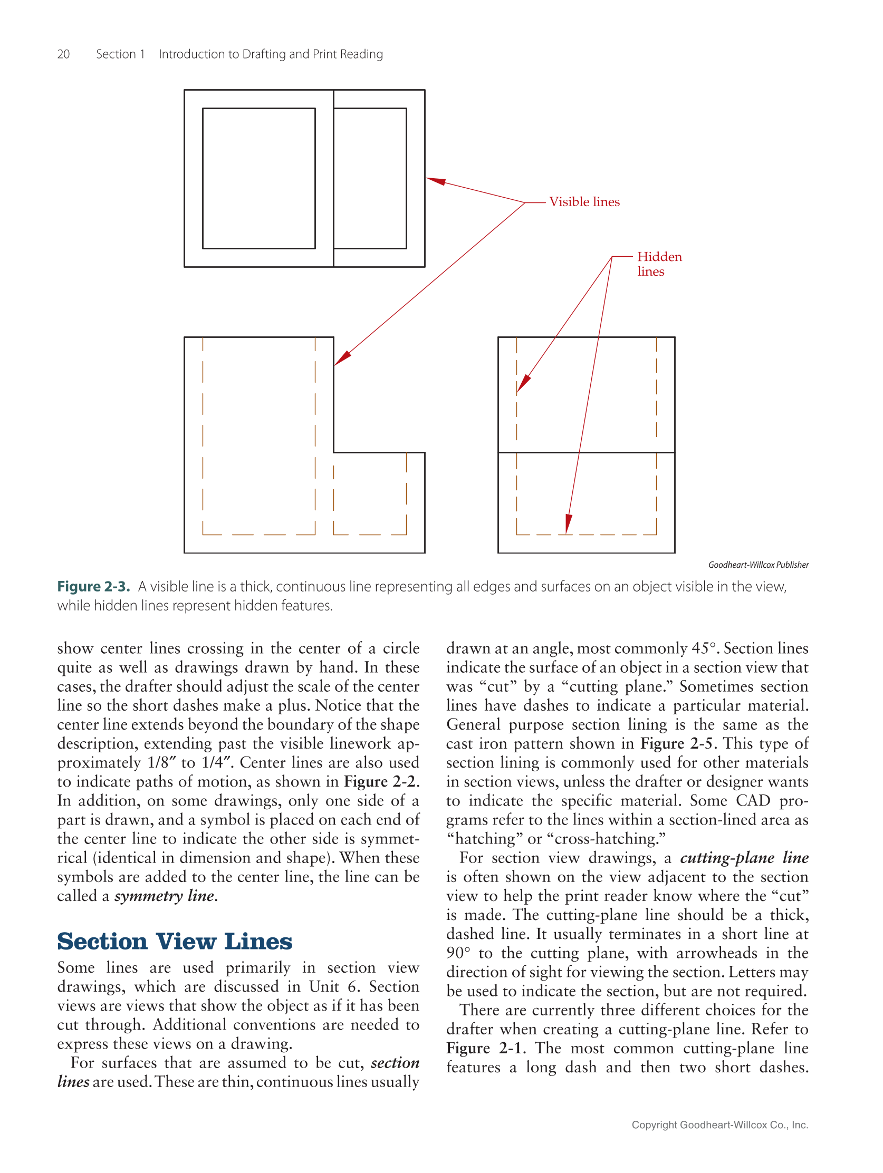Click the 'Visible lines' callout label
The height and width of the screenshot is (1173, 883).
(584, 202)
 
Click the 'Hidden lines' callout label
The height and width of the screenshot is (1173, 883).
(658, 264)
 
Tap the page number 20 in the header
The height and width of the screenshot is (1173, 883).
(63, 54)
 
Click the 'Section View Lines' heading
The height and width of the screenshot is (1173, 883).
(175, 941)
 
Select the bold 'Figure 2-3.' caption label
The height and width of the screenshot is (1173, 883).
(93, 586)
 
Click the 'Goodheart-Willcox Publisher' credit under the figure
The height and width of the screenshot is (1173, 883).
(758, 565)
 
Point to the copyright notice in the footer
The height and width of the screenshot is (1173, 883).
(719, 1124)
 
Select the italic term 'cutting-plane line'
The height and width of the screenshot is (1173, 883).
(744, 858)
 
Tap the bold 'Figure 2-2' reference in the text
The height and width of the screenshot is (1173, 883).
(380, 782)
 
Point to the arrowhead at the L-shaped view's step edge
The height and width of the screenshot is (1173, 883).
(342, 358)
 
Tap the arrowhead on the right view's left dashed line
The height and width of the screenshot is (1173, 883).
(523, 383)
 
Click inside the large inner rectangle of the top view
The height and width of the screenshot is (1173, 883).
(258, 178)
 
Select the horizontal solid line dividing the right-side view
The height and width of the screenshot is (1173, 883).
(586, 452)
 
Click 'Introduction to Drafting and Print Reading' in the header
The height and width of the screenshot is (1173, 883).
(271, 54)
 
